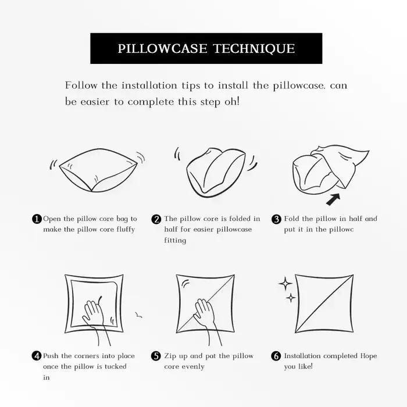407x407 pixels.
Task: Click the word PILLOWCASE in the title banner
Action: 162,48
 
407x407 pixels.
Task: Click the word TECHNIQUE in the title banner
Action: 254,49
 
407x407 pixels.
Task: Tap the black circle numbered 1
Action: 37,219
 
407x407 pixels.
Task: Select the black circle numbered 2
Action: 156,219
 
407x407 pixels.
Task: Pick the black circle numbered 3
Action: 276,219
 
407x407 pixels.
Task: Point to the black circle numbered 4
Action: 37,356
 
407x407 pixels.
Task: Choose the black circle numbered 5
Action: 156,356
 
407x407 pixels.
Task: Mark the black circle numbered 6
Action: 276,356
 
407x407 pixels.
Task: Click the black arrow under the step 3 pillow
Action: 333,199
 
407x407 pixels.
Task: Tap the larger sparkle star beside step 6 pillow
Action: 285,284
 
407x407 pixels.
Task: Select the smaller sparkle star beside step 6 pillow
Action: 291,298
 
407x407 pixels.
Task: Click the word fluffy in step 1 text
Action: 124,230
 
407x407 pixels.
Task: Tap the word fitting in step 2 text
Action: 175,240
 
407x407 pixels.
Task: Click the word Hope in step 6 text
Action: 369,356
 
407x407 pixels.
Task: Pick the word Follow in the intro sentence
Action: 81,85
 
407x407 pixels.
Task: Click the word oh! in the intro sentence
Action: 232,102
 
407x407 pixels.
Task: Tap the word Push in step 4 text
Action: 51,356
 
